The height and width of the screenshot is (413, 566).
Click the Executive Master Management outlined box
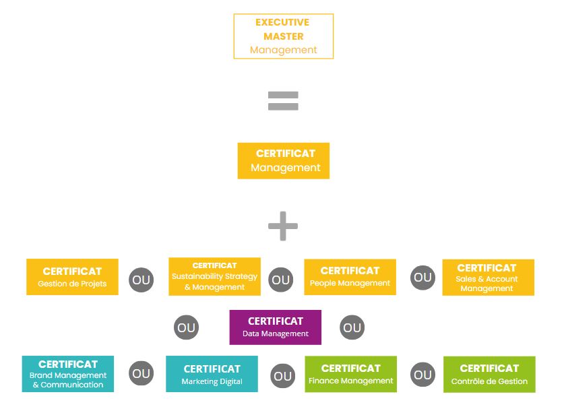click(x=283, y=36)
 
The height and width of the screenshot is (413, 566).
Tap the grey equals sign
click(x=283, y=101)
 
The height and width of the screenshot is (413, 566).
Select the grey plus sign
click(x=283, y=226)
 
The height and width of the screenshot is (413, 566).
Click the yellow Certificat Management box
click(x=283, y=160)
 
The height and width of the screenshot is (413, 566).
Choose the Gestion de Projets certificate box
click(x=72, y=277)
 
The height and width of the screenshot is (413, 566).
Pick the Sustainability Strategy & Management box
click(x=214, y=276)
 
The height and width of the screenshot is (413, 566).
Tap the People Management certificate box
click(x=350, y=277)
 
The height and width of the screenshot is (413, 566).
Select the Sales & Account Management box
click(x=488, y=278)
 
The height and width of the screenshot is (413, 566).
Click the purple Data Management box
click(x=275, y=327)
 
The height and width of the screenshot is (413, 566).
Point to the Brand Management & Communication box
click(x=67, y=374)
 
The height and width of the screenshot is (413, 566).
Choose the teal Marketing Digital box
click(x=212, y=374)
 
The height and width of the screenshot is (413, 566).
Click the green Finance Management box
click(x=350, y=374)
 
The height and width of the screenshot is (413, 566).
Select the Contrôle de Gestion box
click(x=489, y=375)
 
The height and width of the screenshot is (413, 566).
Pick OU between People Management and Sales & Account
click(x=422, y=278)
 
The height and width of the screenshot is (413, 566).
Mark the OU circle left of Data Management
click(x=186, y=328)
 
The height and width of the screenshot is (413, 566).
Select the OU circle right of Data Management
click(x=352, y=328)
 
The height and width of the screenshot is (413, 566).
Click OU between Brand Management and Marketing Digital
click(x=141, y=373)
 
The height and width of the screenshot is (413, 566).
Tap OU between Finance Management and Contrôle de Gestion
click(x=422, y=375)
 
